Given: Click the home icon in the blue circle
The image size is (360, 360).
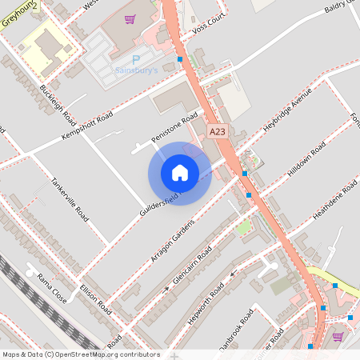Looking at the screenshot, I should [x=179, y=173].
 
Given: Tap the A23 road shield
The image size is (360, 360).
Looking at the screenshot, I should [x=216, y=131].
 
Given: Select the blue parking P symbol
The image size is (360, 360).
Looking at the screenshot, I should [x=135, y=59].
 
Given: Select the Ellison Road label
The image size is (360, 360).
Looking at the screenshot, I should [x=94, y=297].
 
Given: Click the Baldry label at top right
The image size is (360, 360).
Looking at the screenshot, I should [x=342, y=9].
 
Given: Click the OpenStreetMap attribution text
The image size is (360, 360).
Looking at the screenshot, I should [x=80, y=354].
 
